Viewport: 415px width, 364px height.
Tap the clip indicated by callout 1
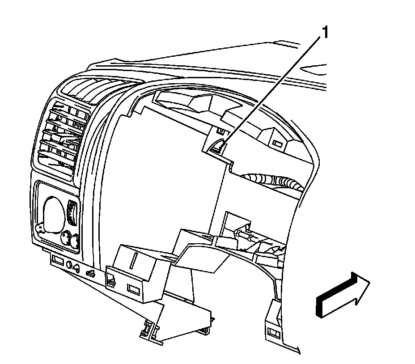[219, 145]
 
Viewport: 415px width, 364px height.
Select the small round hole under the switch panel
[69, 264]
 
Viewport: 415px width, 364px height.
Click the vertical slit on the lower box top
[135, 260]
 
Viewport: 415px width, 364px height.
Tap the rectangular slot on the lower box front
[133, 288]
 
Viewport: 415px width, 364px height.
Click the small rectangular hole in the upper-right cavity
[278, 145]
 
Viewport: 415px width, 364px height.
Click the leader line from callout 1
[273, 89]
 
